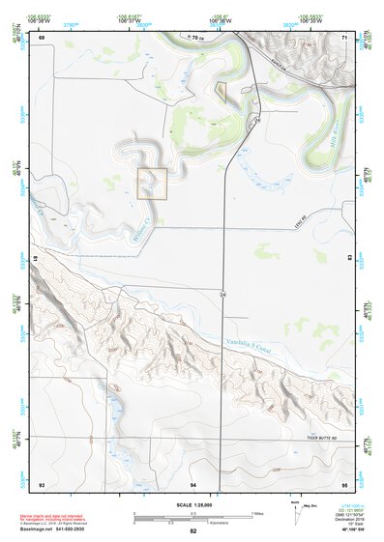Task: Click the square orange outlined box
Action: [x=153, y=184]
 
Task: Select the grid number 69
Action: [x=42, y=38]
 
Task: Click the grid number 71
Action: [x=344, y=38]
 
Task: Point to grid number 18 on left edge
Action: [x=34, y=260]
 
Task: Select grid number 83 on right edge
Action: [x=349, y=258]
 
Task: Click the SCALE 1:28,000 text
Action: [x=193, y=505]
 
